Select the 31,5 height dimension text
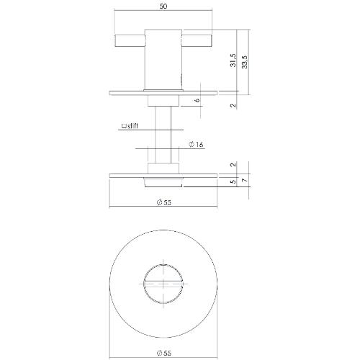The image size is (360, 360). click(x=233, y=60)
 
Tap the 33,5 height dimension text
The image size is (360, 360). click(x=246, y=60)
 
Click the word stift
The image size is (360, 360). click(x=132, y=126)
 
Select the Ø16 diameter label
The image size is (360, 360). click(x=195, y=145)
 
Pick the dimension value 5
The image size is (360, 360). click(x=232, y=181)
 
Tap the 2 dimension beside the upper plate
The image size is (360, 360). click(x=233, y=104)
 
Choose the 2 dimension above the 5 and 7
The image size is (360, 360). click(x=233, y=165)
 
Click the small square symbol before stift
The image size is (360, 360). click(x=125, y=126)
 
